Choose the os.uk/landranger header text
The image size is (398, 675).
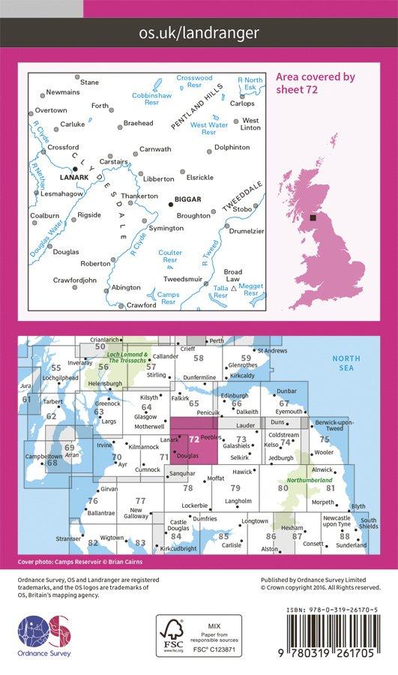click(x=199, y=32)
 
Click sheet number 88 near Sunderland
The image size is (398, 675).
click(x=344, y=535)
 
